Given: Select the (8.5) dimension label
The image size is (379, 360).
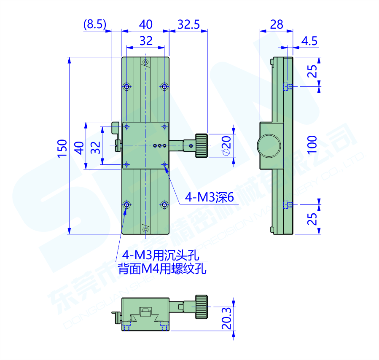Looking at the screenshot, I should click(x=94, y=25).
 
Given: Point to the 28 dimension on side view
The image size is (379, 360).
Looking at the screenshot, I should click(x=277, y=25).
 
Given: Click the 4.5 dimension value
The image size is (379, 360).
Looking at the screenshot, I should click(x=309, y=41).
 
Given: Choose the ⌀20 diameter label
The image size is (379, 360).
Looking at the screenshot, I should click(x=226, y=145).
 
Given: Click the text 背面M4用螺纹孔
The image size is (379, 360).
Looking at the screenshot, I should click(x=162, y=269).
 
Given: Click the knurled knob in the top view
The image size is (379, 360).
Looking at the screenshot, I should click(x=202, y=145).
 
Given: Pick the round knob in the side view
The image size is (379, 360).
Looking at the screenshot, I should click(x=269, y=145).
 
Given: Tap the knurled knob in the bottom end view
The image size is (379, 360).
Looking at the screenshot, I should click(x=201, y=307).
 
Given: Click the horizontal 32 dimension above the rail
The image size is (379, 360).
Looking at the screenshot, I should click(x=145, y=41).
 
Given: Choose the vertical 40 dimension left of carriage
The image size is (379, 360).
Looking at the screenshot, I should click(x=78, y=147).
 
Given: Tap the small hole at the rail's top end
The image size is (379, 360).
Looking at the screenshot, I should click(x=145, y=62).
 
